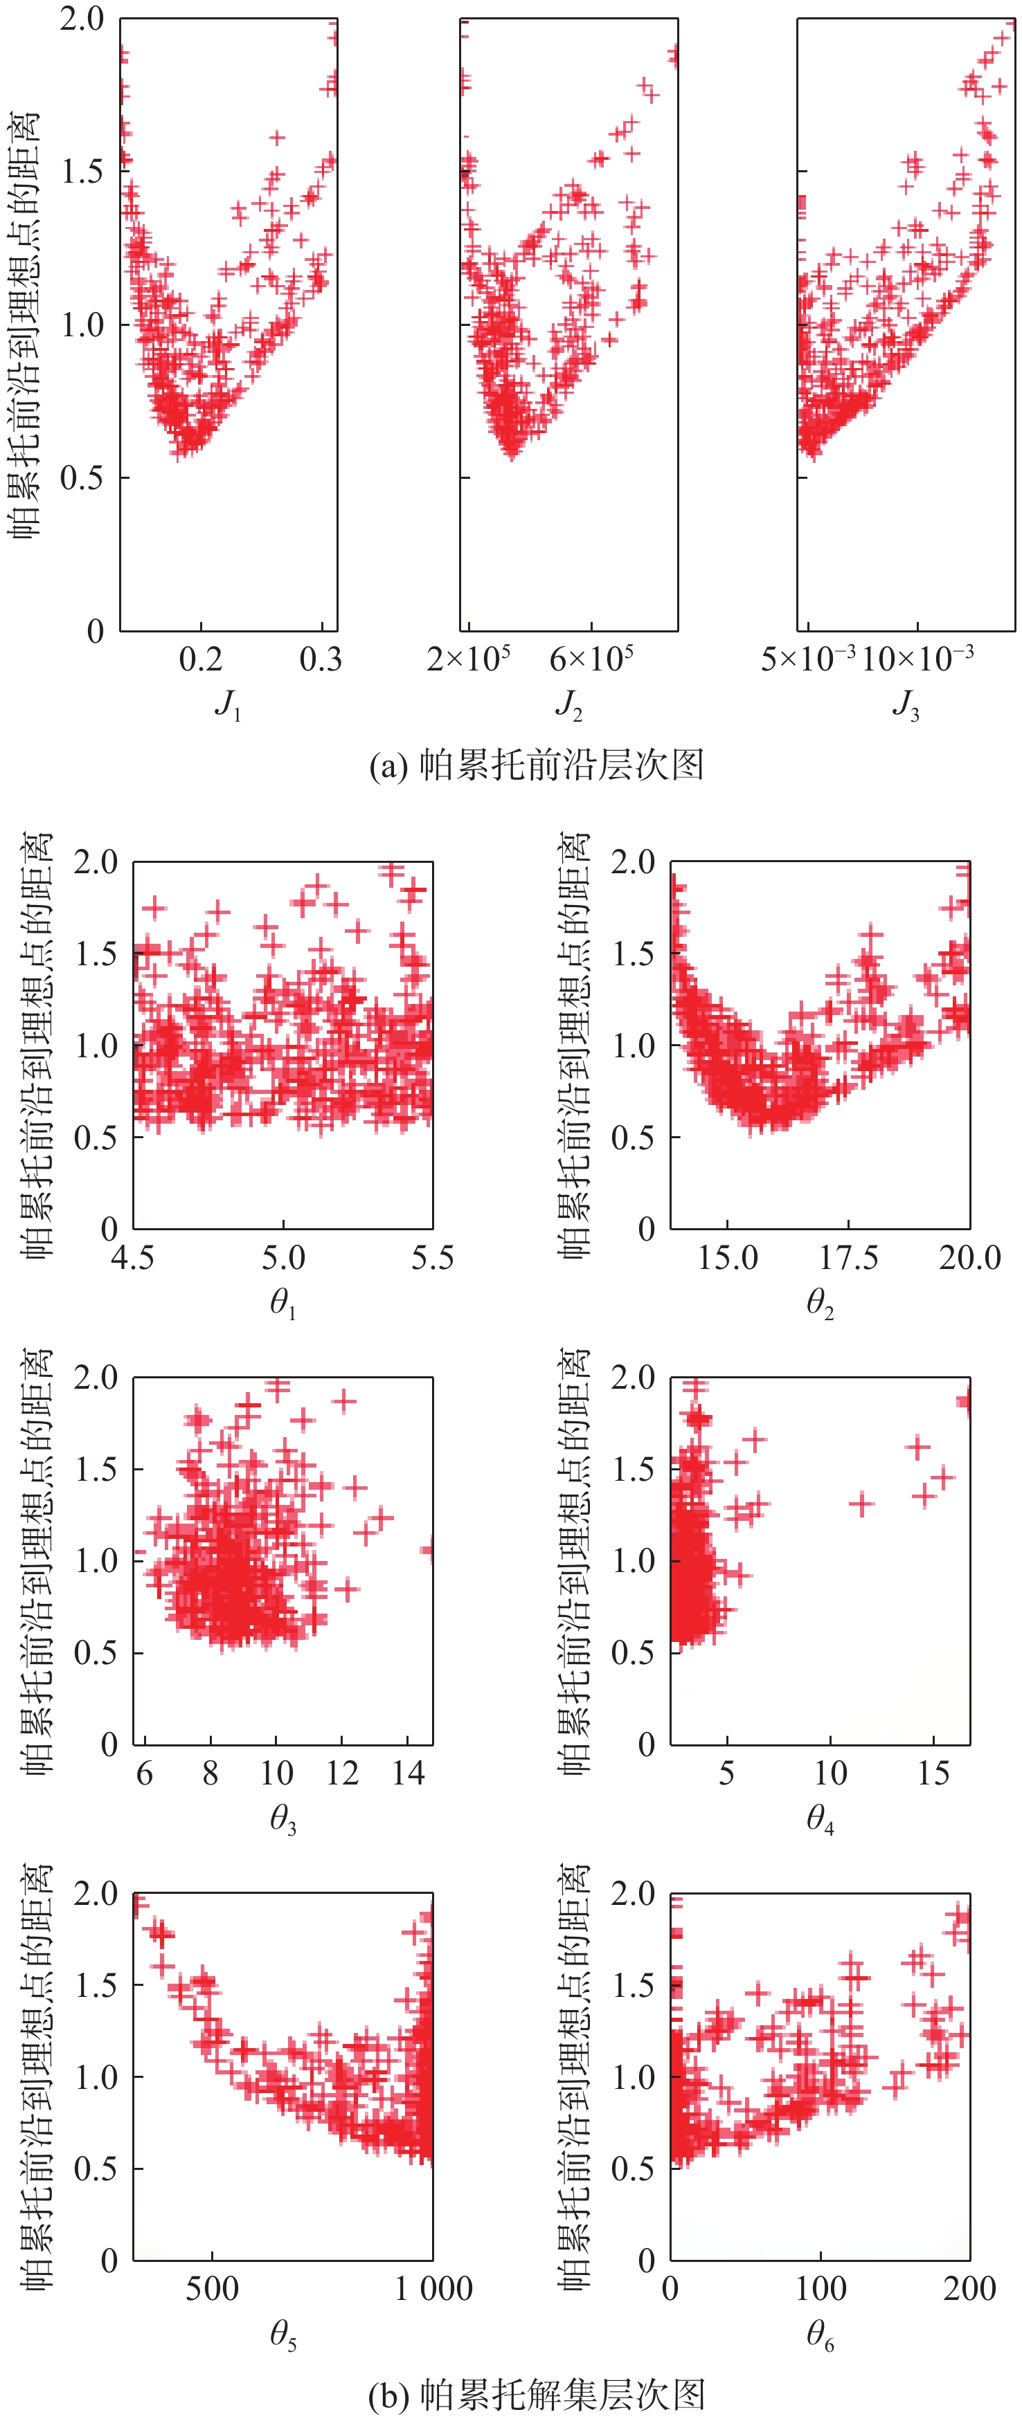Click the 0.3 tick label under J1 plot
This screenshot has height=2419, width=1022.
[321, 659]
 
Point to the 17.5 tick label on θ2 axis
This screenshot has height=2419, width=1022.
[848, 1259]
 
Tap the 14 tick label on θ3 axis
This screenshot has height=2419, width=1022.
[409, 1774]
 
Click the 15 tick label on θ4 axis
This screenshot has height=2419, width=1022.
[933, 1774]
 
